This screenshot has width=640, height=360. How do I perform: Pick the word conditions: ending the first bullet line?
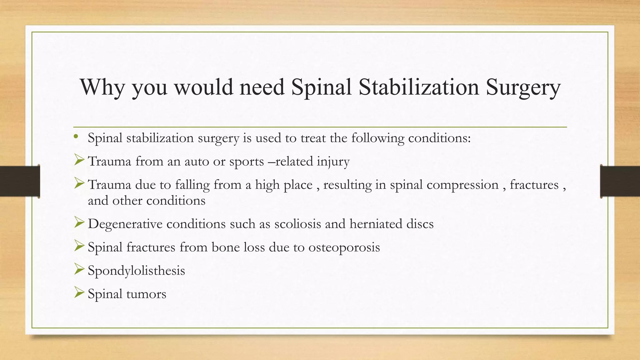tap(439, 138)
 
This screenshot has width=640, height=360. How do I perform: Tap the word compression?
tap(462, 185)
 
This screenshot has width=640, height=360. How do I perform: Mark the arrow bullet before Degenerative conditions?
tap(79, 222)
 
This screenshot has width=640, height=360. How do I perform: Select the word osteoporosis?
tap(344, 247)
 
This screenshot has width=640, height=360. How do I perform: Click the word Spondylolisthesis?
tap(136, 271)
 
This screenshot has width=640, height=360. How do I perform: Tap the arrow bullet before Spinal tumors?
tap(79, 293)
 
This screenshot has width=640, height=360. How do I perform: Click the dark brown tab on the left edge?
tap(19, 181)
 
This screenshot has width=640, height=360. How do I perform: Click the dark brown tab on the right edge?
tap(620, 181)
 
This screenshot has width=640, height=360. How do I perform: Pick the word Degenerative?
tap(125, 224)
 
